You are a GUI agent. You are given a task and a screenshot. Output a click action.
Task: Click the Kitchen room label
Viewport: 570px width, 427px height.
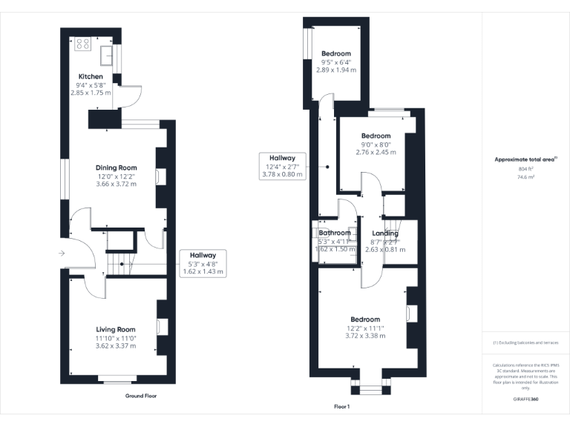click(91, 77)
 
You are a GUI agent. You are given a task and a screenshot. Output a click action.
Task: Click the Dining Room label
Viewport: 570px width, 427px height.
click(116, 168)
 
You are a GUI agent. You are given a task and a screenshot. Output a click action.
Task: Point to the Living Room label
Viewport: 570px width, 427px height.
click(115, 329)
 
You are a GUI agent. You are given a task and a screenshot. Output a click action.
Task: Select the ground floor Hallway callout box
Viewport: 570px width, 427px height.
click(203, 263)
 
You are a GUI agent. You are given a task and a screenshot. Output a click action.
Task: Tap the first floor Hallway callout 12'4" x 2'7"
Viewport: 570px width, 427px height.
click(282, 165)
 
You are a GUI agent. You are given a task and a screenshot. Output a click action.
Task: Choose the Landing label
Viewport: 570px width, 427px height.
click(384, 234)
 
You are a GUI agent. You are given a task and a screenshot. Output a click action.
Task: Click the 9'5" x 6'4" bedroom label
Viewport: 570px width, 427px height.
click(335, 54)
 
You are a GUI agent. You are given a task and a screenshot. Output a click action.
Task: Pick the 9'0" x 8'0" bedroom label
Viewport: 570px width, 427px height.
click(376, 136)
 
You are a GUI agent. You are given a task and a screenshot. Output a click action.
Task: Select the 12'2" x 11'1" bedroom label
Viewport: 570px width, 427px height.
click(365, 320)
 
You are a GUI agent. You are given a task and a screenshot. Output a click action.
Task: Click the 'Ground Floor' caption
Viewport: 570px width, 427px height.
click(141, 396)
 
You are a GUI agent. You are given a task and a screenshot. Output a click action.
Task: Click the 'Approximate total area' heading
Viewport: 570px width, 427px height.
click(525, 159)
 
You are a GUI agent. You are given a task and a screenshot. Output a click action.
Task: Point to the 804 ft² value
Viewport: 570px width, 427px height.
click(525, 170)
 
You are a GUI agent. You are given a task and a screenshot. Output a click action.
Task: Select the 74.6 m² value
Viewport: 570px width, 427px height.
click(525, 178)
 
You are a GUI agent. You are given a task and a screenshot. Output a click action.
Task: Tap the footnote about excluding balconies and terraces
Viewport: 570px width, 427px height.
click(525, 342)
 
